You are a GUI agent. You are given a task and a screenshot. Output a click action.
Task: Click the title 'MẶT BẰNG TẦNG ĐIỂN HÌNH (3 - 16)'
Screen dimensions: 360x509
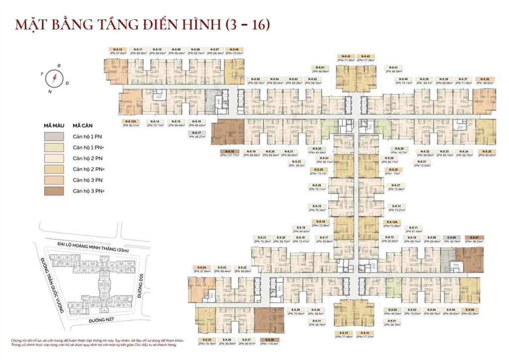142,25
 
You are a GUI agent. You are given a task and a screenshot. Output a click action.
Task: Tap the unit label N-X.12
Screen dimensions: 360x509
118,50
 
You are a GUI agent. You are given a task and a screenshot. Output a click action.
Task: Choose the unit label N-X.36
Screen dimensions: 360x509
485,79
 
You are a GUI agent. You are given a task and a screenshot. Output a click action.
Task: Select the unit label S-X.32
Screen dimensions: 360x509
343,333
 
